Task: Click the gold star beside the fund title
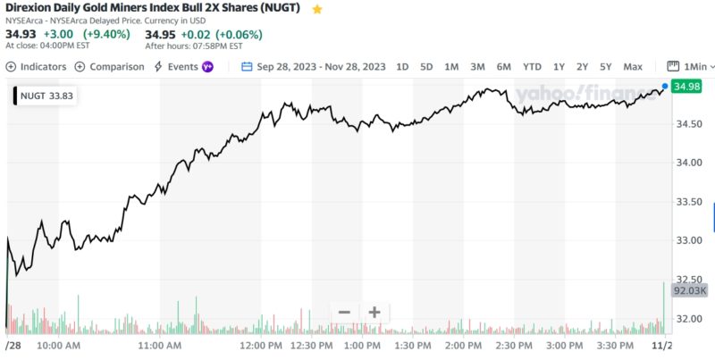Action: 317,9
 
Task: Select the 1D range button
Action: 402,66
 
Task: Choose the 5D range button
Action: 426,66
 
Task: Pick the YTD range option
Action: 532,66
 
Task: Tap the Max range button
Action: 633,66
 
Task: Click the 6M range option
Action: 504,66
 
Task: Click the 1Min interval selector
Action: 691,66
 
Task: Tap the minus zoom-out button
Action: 344,312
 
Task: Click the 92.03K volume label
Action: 689,290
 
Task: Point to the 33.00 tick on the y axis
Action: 687,240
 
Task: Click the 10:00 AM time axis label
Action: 61,344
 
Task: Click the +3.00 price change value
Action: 58,34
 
